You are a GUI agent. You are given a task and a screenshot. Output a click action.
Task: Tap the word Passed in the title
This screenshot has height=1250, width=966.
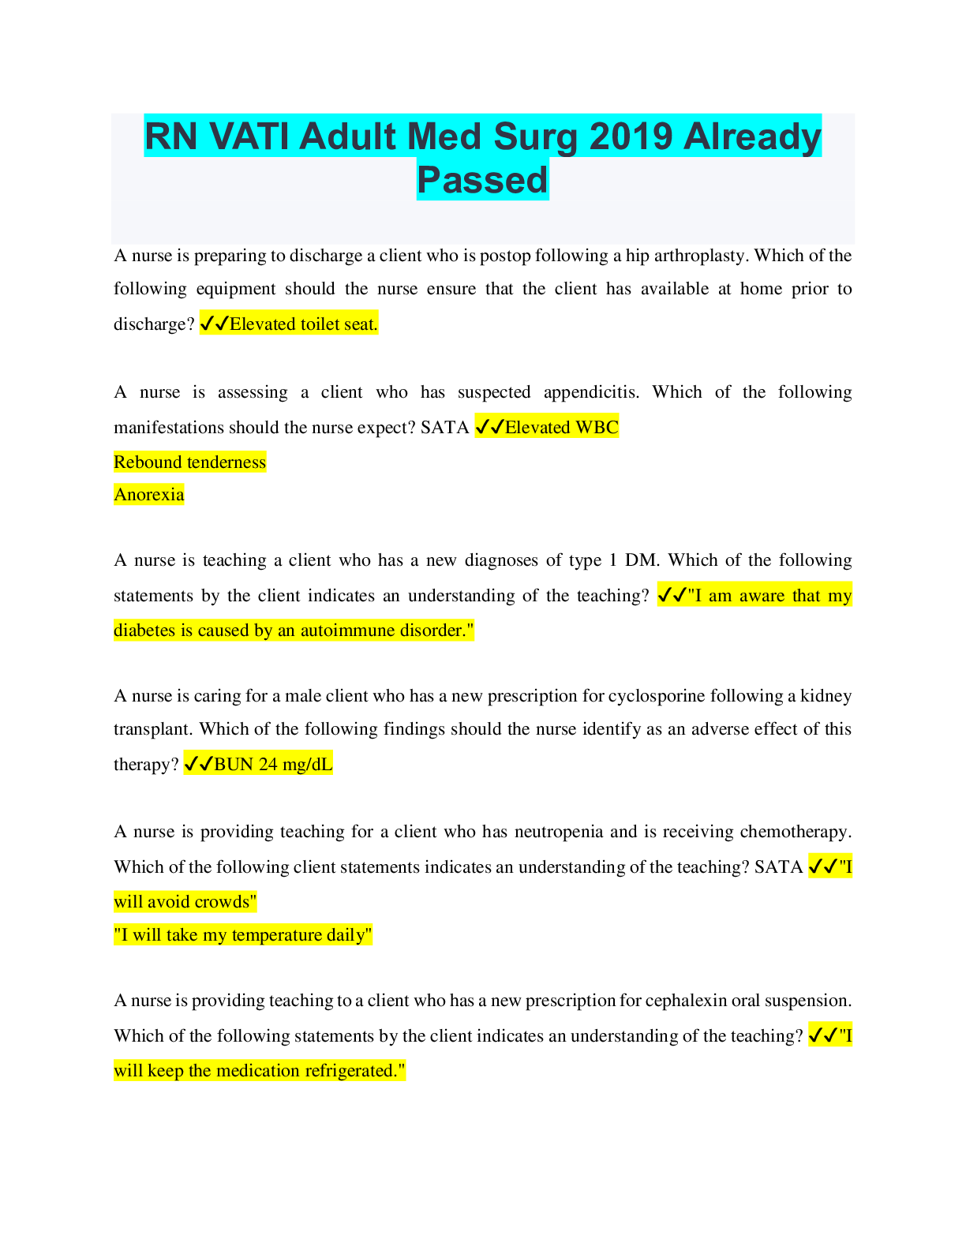tap(482, 180)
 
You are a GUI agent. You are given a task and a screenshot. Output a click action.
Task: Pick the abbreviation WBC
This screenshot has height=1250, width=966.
tap(597, 428)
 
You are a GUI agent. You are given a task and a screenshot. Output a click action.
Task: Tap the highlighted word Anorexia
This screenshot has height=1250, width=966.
tap(149, 495)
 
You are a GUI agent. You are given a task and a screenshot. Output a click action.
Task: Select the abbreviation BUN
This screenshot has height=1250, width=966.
tap(234, 765)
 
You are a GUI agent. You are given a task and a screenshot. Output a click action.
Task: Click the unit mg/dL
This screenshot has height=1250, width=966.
tap(308, 765)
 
